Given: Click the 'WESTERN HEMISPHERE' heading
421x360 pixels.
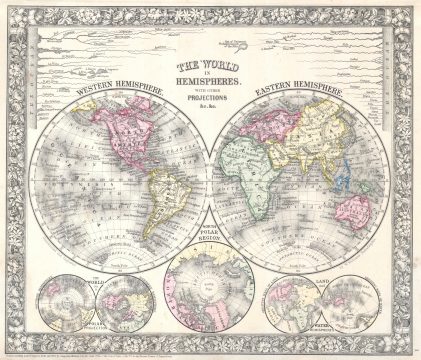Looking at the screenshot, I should coord(104,99).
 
